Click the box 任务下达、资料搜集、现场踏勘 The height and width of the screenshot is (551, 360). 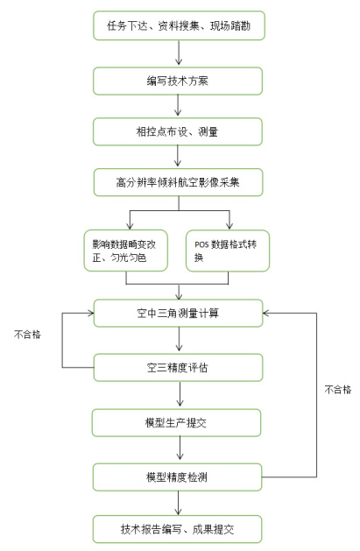tap(179, 25)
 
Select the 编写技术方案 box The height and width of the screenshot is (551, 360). tap(178, 81)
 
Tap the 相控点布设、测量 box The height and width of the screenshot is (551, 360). tap(178, 131)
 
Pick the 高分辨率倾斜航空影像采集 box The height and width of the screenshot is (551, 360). tap(178, 182)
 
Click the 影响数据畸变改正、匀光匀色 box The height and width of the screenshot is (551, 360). tap(126, 251)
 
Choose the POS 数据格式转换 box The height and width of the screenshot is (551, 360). tap(228, 251)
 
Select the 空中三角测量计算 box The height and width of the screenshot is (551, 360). tap(178, 313)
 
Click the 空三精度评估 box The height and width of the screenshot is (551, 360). tap(178, 368)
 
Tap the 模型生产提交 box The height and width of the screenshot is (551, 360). tap(176, 423)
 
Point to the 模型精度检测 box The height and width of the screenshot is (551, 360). tap(177, 477)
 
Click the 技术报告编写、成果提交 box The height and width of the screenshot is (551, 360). tap(177, 529)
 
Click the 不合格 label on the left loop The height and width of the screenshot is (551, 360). tap(27, 334)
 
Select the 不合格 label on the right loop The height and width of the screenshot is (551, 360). tap(338, 389)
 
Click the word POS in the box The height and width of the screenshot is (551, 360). tap(201, 244)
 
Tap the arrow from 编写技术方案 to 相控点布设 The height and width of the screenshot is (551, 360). tap(178, 105)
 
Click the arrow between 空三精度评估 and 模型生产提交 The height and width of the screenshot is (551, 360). tap(180, 394)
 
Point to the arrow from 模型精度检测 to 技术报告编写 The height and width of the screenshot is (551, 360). tap(178, 503)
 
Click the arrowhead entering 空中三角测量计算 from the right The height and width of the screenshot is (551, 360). tap(266, 313)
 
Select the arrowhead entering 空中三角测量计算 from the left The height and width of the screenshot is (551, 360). tap(90, 313)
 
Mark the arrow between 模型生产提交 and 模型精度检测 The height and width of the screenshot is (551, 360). tap(180, 449)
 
